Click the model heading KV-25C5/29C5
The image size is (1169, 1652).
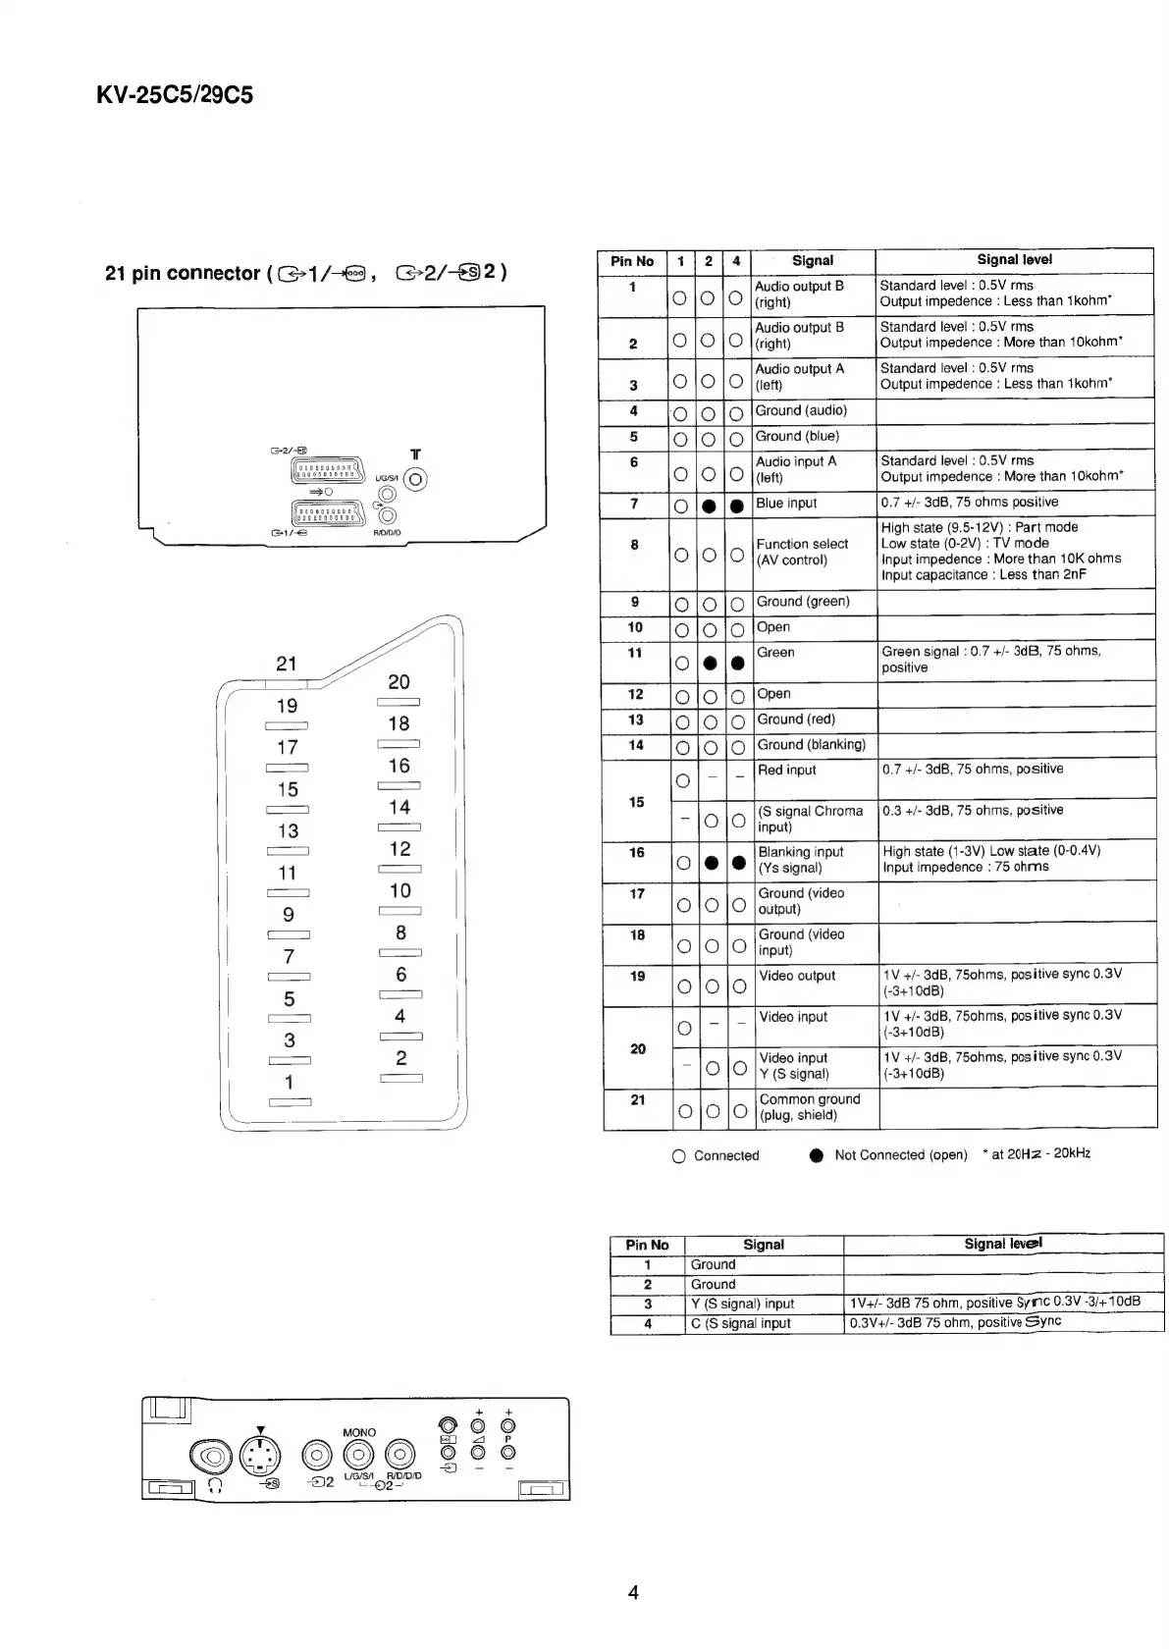(x=175, y=95)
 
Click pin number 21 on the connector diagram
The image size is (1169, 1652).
(x=286, y=664)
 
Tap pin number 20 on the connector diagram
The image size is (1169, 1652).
(x=399, y=682)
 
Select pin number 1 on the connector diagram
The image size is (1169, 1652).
(x=289, y=1082)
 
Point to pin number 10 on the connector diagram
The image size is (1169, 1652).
(x=400, y=891)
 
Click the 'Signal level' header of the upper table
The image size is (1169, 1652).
(x=1014, y=260)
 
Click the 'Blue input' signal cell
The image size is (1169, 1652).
(x=786, y=504)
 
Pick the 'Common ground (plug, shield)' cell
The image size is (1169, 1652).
(x=810, y=1107)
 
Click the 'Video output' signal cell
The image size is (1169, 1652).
(x=797, y=976)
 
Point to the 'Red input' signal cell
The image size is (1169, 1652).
(x=787, y=771)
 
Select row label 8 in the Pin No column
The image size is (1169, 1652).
(x=635, y=545)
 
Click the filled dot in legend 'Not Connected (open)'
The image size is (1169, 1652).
(x=816, y=1156)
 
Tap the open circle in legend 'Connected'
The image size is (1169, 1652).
(x=679, y=1156)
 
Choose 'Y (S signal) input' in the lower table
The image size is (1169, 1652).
(x=743, y=1304)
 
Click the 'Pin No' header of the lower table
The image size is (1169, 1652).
(x=647, y=1245)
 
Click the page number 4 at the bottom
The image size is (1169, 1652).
(x=633, y=1592)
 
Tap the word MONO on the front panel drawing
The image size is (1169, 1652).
(x=359, y=1432)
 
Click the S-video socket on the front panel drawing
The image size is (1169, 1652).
(x=259, y=1456)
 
